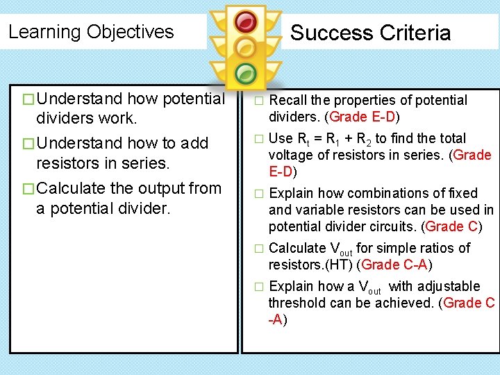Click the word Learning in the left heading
pos(44,32)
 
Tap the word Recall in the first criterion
pos(287,100)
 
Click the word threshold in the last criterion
pos(299,303)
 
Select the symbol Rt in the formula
pos(303,139)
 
